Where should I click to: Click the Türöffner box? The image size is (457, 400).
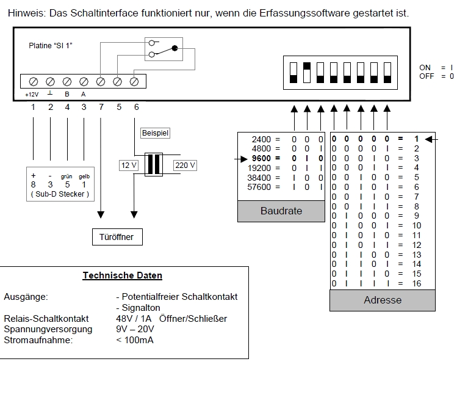(x=116, y=236)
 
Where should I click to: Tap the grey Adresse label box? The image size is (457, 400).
(x=383, y=300)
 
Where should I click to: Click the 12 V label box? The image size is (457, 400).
(x=129, y=165)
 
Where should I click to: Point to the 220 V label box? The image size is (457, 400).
(x=185, y=165)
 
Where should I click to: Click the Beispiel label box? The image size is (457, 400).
(x=155, y=133)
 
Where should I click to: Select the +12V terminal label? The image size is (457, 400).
(x=32, y=95)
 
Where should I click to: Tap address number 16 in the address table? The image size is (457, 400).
(x=417, y=283)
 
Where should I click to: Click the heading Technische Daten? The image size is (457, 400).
(x=122, y=275)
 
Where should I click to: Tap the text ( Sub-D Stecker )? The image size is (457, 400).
(x=59, y=194)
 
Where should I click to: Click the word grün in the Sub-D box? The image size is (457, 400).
(x=68, y=176)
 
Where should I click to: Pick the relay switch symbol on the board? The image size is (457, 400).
(x=163, y=49)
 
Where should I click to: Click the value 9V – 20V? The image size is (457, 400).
(x=130, y=329)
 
